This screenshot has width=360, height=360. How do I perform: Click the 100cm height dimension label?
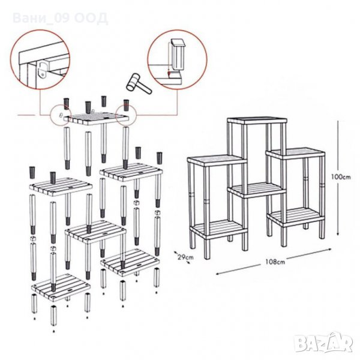click(341, 177)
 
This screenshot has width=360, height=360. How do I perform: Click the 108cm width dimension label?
click(275, 262)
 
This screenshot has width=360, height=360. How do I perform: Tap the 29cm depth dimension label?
click(186, 257)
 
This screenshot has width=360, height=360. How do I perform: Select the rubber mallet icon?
click(138, 83)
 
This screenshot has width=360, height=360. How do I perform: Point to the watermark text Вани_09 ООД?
click(60, 19)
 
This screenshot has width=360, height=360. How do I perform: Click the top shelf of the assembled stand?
click(257, 121)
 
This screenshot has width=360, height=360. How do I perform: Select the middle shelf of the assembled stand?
click(257, 190)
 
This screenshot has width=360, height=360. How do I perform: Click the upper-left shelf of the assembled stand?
click(217, 160)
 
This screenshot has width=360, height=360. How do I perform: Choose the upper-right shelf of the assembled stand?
click(295, 153)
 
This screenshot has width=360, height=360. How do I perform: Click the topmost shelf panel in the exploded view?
click(96, 118)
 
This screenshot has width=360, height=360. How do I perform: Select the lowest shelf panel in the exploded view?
click(61, 287)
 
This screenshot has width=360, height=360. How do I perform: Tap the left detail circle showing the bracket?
click(40, 60)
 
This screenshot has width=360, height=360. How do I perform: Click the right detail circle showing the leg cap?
click(177, 59)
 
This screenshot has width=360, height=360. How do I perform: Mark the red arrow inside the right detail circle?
click(169, 73)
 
